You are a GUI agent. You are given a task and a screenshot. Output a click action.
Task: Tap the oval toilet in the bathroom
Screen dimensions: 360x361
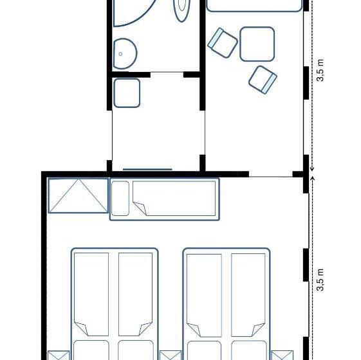[x=183, y=8]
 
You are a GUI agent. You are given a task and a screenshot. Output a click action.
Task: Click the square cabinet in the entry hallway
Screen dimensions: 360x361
[x=127, y=92]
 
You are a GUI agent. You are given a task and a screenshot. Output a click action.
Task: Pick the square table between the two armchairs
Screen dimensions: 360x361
[x=257, y=44]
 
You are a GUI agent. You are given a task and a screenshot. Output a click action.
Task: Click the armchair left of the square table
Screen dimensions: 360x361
[x=223, y=42]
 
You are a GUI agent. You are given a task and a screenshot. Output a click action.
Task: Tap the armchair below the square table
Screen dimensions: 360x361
[x=263, y=78]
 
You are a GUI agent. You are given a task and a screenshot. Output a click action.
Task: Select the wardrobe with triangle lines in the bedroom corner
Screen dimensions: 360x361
[x=78, y=195]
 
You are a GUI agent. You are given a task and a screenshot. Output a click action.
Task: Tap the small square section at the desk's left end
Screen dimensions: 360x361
[x=120, y=199]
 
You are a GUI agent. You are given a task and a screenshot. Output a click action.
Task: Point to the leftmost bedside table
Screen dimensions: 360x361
[x=57, y=355]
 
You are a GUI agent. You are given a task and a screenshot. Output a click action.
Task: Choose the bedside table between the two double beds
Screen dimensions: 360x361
[x=171, y=355]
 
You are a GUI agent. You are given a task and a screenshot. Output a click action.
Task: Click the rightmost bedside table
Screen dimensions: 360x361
[x=282, y=355]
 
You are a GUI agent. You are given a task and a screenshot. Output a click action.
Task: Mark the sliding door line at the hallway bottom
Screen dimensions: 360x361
[x=147, y=169]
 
